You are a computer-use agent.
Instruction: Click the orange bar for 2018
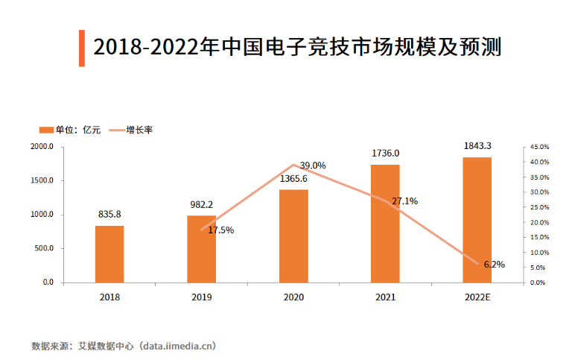tap(109, 254)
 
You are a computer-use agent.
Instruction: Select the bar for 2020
tap(293, 236)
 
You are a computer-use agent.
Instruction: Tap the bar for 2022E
tap(477, 220)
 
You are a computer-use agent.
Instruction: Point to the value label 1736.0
tap(385, 154)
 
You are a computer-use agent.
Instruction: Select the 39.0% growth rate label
tap(313, 165)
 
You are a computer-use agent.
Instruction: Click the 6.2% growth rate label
tap(494, 264)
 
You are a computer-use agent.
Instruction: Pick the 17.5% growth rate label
tap(220, 230)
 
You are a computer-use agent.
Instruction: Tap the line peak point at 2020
tap(293, 165)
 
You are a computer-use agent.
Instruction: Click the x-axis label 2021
tap(385, 297)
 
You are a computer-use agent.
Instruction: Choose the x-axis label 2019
tap(201, 297)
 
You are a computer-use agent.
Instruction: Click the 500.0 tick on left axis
tap(43, 249)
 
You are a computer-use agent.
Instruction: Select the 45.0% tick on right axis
tap(539, 147)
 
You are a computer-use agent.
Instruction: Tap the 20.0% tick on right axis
tap(539, 222)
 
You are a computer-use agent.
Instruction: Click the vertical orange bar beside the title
tap(81, 48)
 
